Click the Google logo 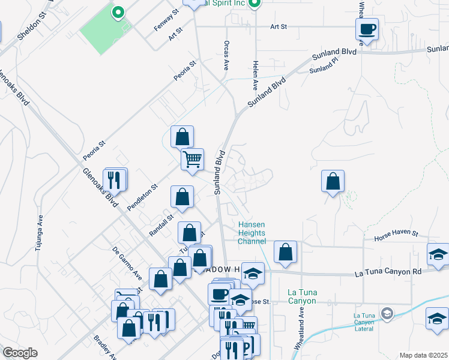pyautogui.click(x=20, y=353)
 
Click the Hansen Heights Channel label pyautogui.click(x=252, y=233)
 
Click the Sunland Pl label pyautogui.click(x=325, y=68)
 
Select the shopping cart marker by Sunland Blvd pyautogui.click(x=193, y=160)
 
